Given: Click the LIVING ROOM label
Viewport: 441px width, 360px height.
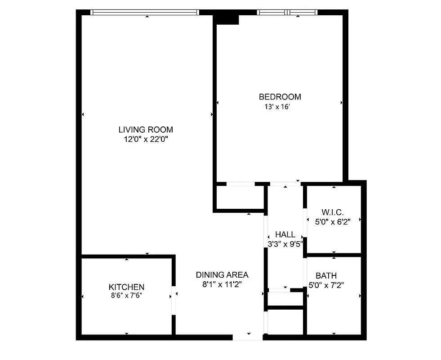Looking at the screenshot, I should pyautogui.click(x=146, y=130).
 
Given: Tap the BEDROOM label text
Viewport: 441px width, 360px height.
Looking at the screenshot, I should pyautogui.click(x=280, y=97).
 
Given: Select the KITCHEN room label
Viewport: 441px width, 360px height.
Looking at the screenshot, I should pyautogui.click(x=126, y=287).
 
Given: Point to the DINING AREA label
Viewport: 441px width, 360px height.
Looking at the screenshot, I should pyautogui.click(x=222, y=274).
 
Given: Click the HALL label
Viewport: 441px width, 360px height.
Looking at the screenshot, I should pyautogui.click(x=285, y=234).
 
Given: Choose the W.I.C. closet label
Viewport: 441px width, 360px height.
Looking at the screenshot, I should pyautogui.click(x=333, y=212).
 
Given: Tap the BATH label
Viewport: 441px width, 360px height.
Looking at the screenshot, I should pyautogui.click(x=326, y=275).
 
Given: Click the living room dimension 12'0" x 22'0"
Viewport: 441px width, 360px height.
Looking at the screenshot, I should pyautogui.click(x=146, y=139).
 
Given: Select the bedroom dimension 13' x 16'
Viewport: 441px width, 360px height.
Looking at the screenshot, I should pyautogui.click(x=277, y=107).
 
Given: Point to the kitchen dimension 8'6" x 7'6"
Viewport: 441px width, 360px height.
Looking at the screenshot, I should pyautogui.click(x=126, y=296).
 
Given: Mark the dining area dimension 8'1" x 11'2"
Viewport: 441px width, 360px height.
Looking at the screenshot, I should pyautogui.click(x=222, y=284).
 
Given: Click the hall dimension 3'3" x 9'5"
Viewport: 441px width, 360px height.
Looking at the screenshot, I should pyautogui.click(x=285, y=244).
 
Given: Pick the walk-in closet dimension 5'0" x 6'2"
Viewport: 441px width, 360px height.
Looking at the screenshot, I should pyautogui.click(x=333, y=221).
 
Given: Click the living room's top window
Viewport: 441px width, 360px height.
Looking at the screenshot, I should pyautogui.click(x=145, y=12).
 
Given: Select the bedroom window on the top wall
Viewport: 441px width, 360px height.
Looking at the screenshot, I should pyautogui.click(x=287, y=12).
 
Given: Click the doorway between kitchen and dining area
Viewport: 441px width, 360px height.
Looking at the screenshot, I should pyautogui.click(x=174, y=298).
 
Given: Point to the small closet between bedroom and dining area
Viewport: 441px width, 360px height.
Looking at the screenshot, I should pyautogui.click(x=239, y=197).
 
